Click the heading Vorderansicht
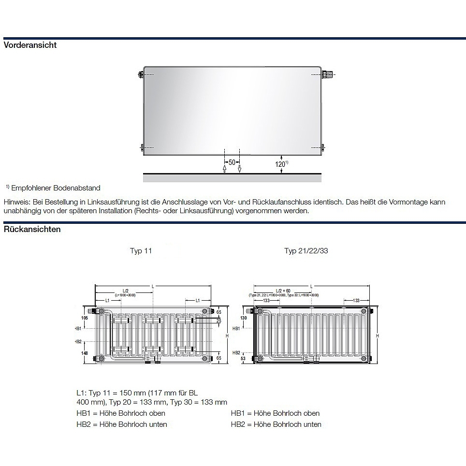tap(30, 45)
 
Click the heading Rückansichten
tap(32, 229)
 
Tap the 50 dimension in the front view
tap(232, 162)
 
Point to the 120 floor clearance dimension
tap(280, 164)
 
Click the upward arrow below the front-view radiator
tap(224, 168)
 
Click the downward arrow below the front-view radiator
tap(239, 169)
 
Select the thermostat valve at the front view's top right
tap(328, 74)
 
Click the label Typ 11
tap(141, 251)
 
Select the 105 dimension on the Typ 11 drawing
tap(85, 318)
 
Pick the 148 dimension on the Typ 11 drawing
tap(85, 353)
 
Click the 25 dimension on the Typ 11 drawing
tap(218, 321)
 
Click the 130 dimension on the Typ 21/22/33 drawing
tap(243, 318)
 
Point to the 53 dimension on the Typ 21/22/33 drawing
tap(243, 359)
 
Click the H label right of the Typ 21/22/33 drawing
tap(378, 335)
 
